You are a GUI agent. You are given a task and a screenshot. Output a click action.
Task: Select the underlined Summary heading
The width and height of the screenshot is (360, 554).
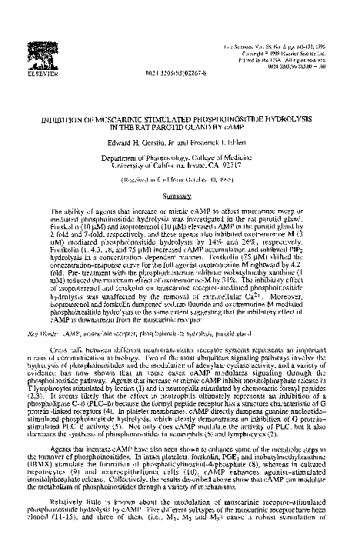[179, 175]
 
